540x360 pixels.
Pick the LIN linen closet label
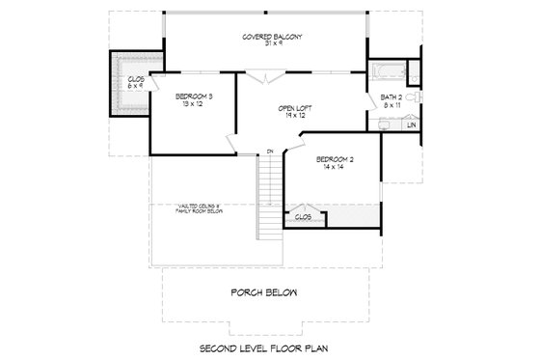411,125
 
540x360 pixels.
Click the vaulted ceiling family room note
204,208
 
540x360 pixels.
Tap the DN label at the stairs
271,151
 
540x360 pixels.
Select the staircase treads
270,198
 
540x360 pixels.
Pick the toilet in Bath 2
412,99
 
